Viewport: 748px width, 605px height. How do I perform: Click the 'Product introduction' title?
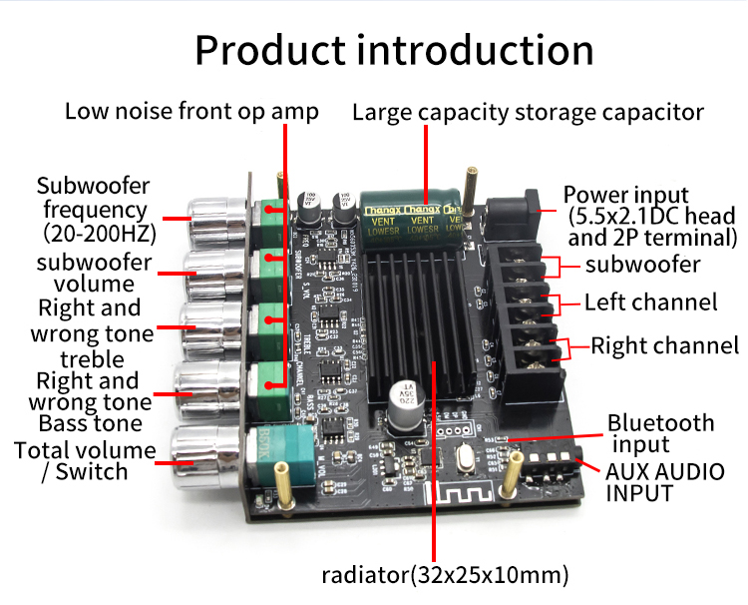coord(394,50)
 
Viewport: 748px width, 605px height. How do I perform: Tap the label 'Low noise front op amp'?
coord(191,111)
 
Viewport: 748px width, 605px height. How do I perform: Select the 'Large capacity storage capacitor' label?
coord(529,113)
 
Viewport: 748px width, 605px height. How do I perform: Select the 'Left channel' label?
coord(650,302)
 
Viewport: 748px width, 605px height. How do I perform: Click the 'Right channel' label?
coord(665,346)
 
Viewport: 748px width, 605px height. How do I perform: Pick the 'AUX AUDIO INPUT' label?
coord(665,481)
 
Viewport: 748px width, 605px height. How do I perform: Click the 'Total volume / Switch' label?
coord(85,461)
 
